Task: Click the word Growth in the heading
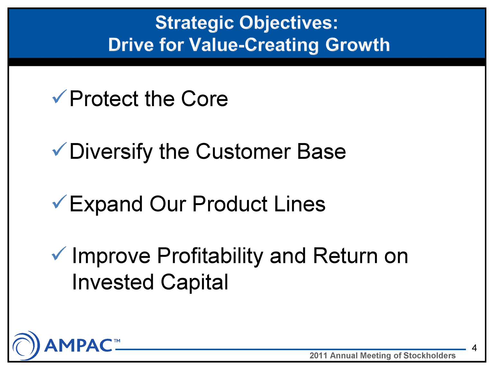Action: tap(357, 45)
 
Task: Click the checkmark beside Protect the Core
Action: tap(59, 96)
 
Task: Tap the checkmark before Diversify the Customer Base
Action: tap(59, 149)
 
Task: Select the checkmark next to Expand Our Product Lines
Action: tap(59, 202)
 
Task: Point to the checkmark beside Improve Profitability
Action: tap(59, 253)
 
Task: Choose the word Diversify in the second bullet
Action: tap(111, 152)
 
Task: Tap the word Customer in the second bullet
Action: tap(243, 151)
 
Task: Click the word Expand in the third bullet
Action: tap(106, 204)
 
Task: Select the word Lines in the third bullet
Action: tap(300, 204)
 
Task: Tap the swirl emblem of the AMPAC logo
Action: tap(26, 345)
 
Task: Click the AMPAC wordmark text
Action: tap(78, 345)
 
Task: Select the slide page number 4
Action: tap(474, 348)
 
